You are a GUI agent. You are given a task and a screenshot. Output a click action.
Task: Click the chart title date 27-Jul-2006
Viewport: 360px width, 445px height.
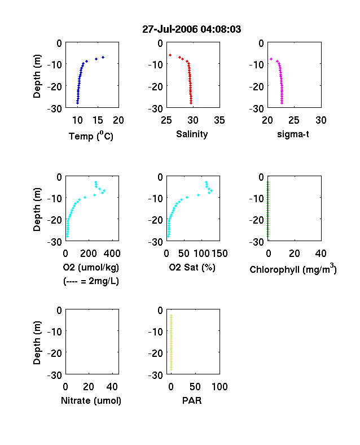click(x=170, y=29)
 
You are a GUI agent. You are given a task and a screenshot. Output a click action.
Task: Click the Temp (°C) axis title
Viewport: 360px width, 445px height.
click(x=91, y=136)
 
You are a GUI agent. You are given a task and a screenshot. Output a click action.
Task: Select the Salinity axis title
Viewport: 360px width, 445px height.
click(x=192, y=134)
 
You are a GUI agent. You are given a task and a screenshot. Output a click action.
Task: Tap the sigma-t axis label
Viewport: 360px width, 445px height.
click(x=293, y=134)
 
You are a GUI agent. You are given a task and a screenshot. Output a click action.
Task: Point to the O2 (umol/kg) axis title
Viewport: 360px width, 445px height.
click(x=91, y=267)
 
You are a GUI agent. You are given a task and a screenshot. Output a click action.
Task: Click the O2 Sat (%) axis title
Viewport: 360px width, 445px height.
click(x=192, y=267)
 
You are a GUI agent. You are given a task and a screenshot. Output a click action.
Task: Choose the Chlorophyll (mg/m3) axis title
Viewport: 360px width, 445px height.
click(x=293, y=268)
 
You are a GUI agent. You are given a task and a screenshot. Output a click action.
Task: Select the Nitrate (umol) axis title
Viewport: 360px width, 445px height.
click(x=91, y=400)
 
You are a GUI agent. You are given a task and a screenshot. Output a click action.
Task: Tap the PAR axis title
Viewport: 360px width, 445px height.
click(x=192, y=400)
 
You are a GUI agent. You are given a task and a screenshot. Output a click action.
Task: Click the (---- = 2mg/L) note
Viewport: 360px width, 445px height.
click(x=91, y=281)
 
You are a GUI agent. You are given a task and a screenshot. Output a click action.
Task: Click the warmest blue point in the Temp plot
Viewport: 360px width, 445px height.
click(x=103, y=58)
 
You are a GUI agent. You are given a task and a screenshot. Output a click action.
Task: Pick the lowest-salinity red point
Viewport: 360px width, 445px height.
click(x=170, y=55)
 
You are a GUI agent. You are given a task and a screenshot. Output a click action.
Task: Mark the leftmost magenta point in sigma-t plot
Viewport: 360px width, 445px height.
click(x=271, y=59)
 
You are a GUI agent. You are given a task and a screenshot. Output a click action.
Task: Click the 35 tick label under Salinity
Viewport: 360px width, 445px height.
click(x=219, y=120)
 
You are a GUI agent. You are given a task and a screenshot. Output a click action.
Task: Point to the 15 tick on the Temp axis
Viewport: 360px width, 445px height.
click(x=98, y=120)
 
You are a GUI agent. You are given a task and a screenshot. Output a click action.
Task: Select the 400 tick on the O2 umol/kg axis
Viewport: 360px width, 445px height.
click(x=112, y=254)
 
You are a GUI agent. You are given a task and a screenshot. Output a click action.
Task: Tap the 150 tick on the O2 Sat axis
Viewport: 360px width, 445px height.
click(x=219, y=254)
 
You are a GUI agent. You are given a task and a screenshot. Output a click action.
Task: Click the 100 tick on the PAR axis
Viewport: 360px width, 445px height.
click(x=219, y=386)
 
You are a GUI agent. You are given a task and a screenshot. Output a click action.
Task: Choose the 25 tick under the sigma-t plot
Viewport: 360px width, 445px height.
click(x=293, y=120)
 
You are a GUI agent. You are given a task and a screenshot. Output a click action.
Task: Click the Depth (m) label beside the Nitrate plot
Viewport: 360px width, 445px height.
click(x=37, y=343)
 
